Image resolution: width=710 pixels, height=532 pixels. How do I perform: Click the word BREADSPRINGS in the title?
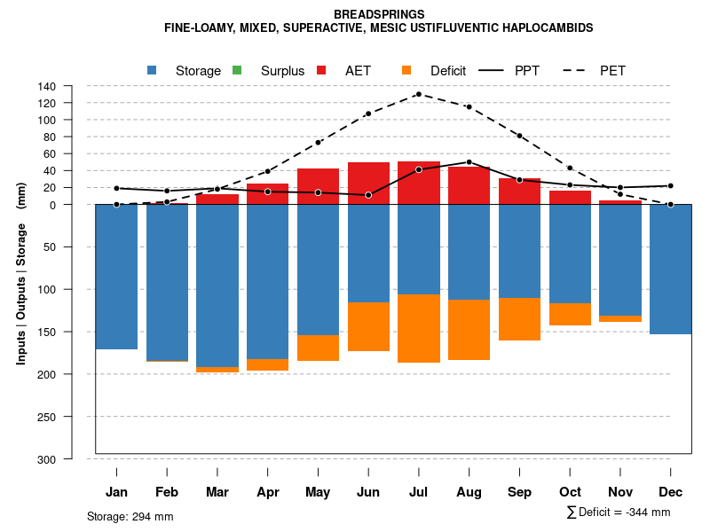[x=379, y=14]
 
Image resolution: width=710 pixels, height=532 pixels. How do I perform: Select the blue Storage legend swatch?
[x=153, y=70]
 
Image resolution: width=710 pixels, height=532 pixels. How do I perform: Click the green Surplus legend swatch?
[x=236, y=70]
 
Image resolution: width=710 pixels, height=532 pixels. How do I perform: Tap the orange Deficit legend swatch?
[x=406, y=70]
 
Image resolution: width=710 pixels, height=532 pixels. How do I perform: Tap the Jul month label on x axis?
[x=419, y=492]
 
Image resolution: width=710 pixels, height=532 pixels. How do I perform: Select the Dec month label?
[x=671, y=492]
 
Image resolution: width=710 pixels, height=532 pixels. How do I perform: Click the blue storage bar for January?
[x=116, y=277]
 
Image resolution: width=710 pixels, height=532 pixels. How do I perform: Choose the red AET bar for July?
[x=419, y=183]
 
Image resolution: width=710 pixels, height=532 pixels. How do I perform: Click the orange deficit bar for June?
[x=368, y=326]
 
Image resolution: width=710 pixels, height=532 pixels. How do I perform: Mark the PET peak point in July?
[x=418, y=94]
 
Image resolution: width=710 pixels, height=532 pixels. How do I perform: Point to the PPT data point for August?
[x=469, y=162]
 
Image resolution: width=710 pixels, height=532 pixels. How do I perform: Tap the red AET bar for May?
[x=318, y=186]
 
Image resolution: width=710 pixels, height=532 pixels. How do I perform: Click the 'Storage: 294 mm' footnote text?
[x=130, y=516]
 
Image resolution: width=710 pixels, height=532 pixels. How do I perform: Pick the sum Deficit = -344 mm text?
[x=618, y=512]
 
